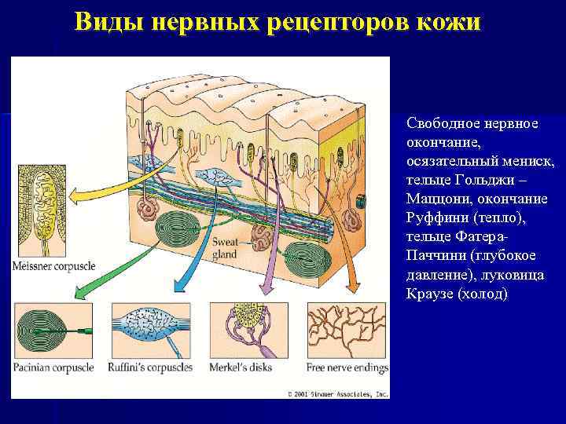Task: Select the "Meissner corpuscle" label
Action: [x=53, y=266]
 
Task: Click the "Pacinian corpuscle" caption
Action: [x=52, y=367]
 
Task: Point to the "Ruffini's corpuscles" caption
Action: [x=151, y=367]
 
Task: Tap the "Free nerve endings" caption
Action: [x=345, y=367]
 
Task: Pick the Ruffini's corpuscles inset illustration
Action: [x=151, y=331]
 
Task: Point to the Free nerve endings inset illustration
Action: [x=345, y=331]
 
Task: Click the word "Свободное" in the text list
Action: [x=443, y=125]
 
